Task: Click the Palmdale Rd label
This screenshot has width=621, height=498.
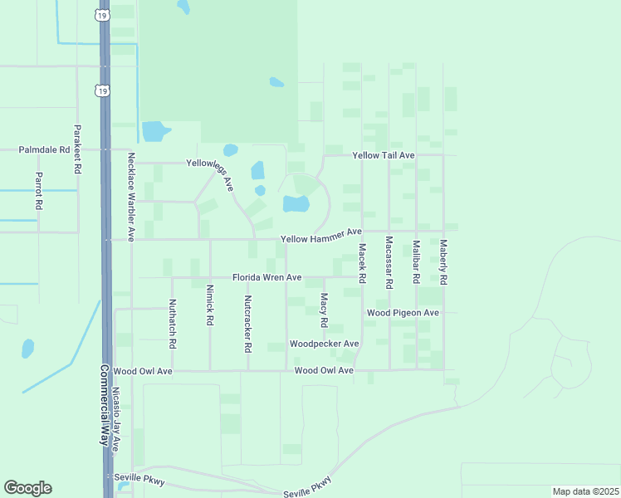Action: click(45, 150)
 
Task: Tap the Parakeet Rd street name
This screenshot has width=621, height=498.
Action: click(77, 149)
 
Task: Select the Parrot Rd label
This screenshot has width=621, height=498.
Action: click(38, 190)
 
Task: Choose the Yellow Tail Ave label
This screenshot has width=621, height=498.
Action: click(383, 155)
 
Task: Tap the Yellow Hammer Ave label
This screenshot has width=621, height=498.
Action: click(321, 239)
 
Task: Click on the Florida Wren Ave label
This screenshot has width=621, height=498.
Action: click(266, 277)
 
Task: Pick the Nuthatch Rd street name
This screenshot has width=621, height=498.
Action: click(172, 323)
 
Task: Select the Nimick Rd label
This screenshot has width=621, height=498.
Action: click(209, 306)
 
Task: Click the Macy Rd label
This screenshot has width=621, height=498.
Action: click(324, 309)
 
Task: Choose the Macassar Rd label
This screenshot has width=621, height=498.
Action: click(389, 262)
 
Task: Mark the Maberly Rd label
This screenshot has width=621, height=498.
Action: click(443, 263)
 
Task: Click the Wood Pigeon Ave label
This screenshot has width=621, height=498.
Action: click(403, 313)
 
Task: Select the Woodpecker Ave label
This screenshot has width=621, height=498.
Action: click(324, 344)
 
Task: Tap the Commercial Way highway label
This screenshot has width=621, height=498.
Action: click(105, 406)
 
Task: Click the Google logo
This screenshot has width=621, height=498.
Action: click(27, 488)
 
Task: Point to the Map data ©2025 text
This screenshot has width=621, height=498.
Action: click(585, 491)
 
